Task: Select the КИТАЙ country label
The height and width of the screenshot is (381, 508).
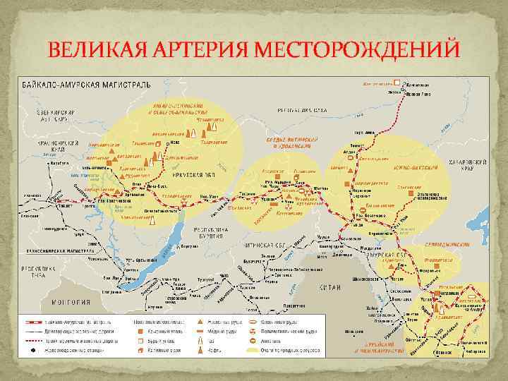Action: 330,287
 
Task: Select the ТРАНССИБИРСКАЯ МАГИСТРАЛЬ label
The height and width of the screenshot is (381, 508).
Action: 53,250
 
